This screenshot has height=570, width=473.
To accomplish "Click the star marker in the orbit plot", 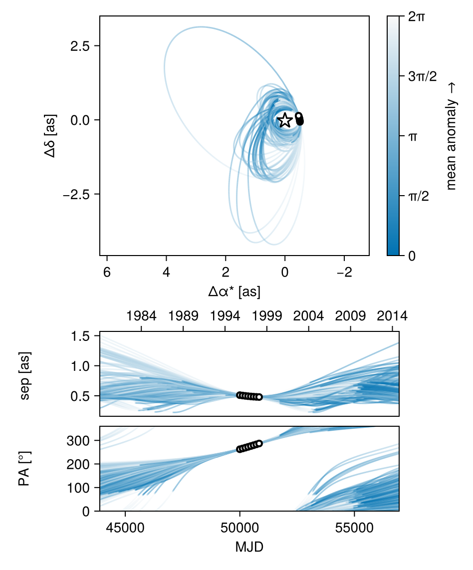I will tap(285, 120).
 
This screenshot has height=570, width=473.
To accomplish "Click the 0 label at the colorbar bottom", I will tap(412, 256).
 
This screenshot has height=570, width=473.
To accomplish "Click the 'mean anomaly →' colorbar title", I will tap(452, 136).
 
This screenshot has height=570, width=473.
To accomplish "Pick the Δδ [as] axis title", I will tap(50, 136).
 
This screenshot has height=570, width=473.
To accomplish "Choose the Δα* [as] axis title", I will tap(234, 292).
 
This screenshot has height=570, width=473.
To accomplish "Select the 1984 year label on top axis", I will tap(141, 316).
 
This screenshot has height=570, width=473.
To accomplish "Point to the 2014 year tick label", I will tap(392, 316).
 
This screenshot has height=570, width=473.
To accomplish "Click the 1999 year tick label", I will tap(267, 316).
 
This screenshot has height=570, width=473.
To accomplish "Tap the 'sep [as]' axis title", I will tap(24, 374).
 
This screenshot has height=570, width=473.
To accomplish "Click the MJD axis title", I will tap(249, 547).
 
